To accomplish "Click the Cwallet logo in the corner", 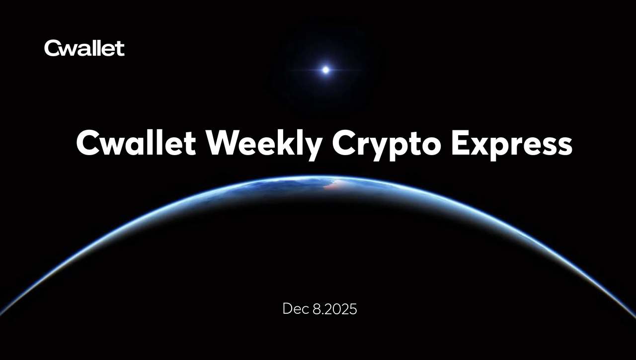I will click(84, 48).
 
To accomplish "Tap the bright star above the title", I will click(325, 70).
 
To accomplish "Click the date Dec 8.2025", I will click(319, 309).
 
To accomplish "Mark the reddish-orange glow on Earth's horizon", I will click(334, 185).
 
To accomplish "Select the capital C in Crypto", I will click(343, 143).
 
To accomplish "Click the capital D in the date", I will click(287, 309).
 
